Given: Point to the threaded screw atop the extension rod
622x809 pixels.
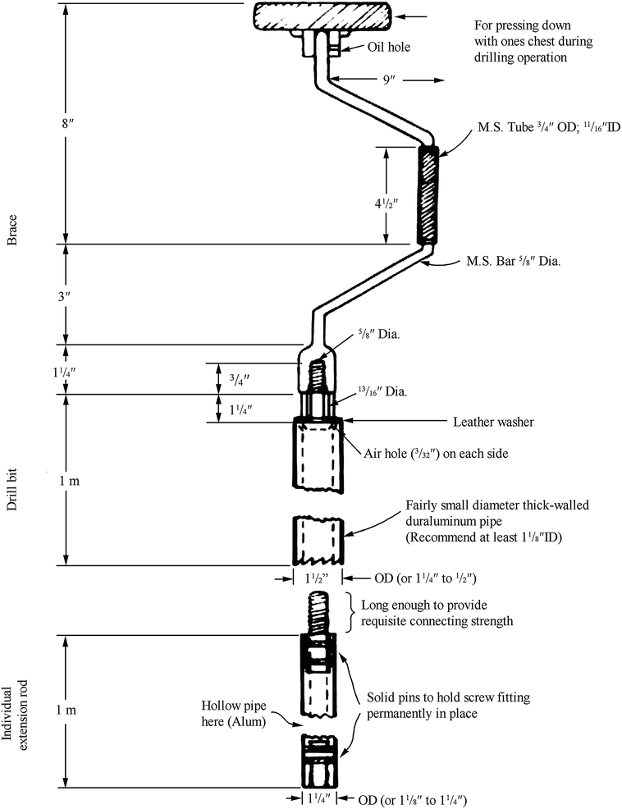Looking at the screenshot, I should click(318, 611).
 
